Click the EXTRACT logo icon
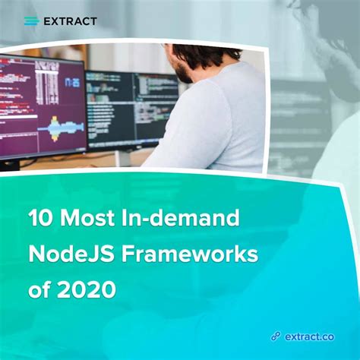tap(31, 21)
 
